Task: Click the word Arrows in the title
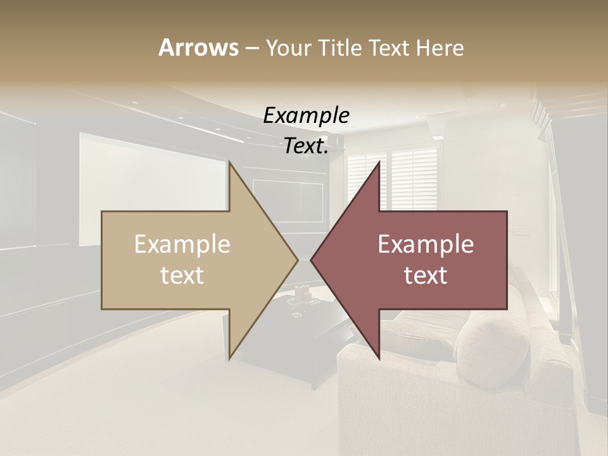coord(198,47)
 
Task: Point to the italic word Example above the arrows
coord(306,116)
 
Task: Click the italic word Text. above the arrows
coord(306,146)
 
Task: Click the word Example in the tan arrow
coord(182,244)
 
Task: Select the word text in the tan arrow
coord(182,275)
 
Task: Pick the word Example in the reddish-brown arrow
coord(426,244)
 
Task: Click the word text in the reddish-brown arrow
coord(426,275)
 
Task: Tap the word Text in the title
coord(390,47)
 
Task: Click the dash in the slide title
coord(251,48)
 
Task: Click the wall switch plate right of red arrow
coord(523,230)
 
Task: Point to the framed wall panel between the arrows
coord(288,199)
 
